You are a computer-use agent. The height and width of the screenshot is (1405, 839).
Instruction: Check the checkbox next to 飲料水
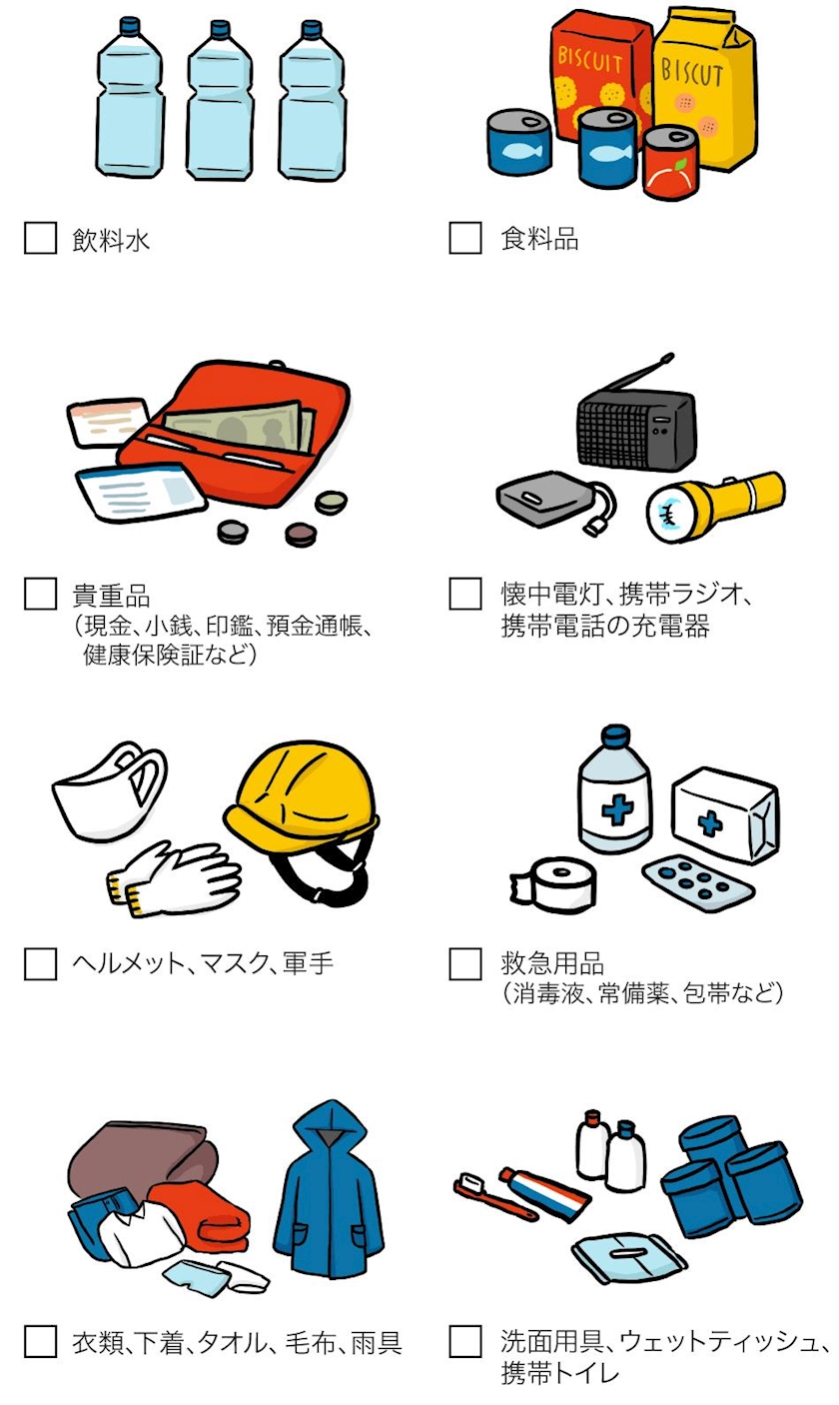[40, 238]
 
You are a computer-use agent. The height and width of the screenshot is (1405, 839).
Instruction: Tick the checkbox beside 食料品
[465, 238]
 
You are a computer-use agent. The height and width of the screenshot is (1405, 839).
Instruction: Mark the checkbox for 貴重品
[40, 594]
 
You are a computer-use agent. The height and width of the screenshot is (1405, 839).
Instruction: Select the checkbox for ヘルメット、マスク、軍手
[40, 963]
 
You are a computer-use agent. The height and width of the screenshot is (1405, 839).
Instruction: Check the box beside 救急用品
[465, 963]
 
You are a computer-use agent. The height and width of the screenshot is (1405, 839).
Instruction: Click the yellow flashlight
[715, 507]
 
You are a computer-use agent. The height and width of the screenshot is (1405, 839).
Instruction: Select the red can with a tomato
[670, 163]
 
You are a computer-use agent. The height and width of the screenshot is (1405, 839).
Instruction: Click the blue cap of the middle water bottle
[220, 29]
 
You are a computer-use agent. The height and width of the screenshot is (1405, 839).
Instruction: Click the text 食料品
[539, 239]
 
